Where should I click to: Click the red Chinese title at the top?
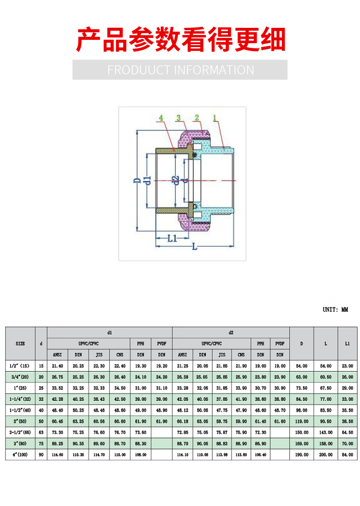point(181,40)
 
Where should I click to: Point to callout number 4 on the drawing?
point(161,118)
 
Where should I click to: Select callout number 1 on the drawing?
point(215,118)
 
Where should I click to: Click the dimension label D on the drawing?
point(137,181)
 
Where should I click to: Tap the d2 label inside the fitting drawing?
point(176,181)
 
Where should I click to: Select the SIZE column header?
point(20,344)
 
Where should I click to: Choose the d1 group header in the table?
point(109,333)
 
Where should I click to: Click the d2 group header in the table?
point(230,333)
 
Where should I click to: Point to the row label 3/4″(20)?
point(20,377)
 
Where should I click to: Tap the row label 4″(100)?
point(20,454)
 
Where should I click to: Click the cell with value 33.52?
point(57,388)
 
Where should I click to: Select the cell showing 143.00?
point(325,432)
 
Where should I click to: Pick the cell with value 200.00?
point(325,454)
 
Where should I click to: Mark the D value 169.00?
point(301,443)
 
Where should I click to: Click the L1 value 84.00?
point(348,454)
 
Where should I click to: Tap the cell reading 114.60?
point(57,454)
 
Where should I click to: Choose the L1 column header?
point(348,344)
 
